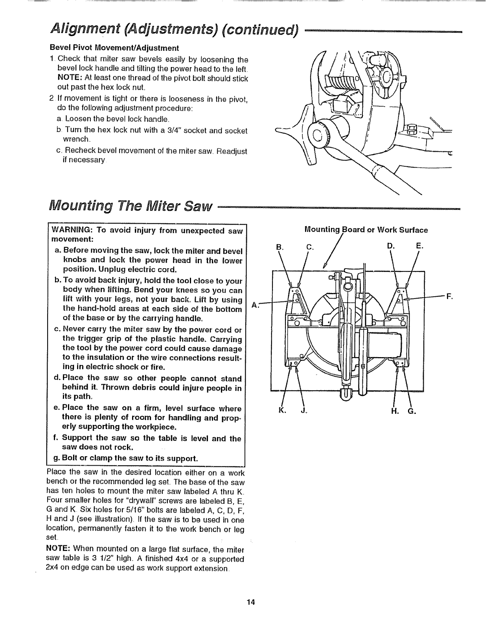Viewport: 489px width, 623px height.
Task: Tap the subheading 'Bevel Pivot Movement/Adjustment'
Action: tap(114, 48)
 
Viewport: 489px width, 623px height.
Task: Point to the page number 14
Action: tap(252, 602)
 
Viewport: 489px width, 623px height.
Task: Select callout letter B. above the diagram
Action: tap(279, 247)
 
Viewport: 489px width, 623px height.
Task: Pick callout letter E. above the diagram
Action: tap(419, 247)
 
